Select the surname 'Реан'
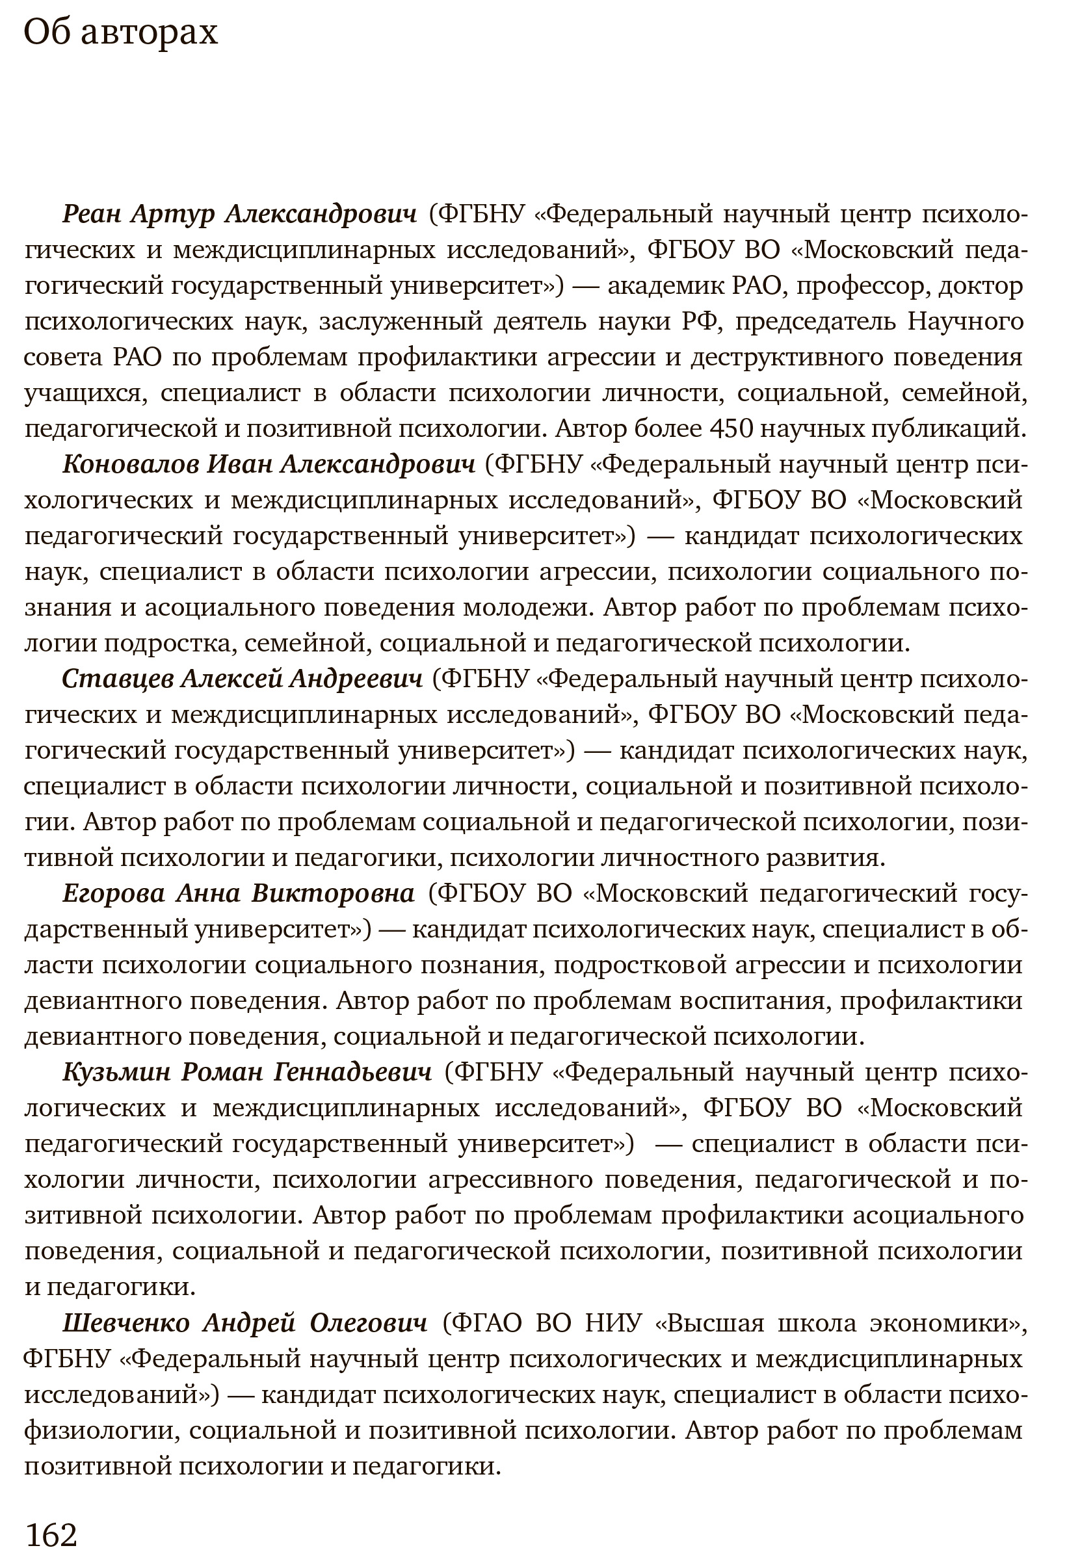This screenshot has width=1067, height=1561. [x=92, y=215]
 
